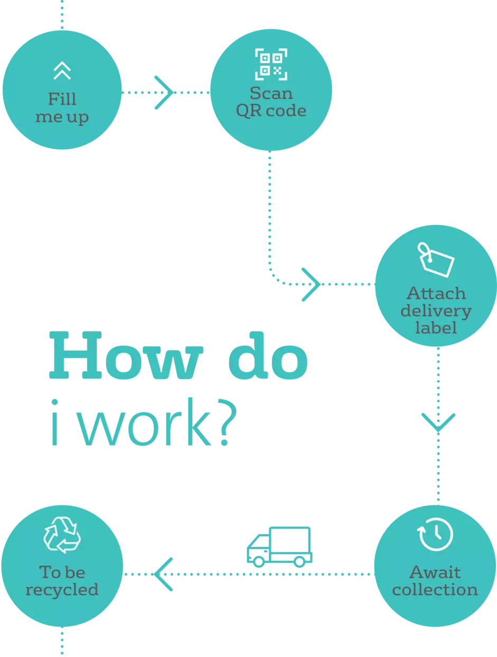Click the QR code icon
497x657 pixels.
coord(271,65)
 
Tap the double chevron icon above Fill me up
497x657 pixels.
coord(62,71)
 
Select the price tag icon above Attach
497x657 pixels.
coord(436,260)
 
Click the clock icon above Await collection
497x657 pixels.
coord(435,534)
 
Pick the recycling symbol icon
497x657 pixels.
coord(62,535)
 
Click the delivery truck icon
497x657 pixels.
coord(280,547)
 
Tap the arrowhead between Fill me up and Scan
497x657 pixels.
coord(164,93)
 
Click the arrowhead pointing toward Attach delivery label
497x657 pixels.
coord(311,285)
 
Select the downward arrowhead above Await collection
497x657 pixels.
coord(438,422)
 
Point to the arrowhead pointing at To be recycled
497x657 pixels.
coord(163,574)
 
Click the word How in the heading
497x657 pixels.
coord(126,355)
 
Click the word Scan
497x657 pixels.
coord(271,93)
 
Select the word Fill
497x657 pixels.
coord(62,99)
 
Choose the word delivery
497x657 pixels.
coord(436,311)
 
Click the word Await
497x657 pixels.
coord(435,572)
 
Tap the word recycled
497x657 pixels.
coord(62,590)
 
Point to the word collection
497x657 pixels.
coord(435,589)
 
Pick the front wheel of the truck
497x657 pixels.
coord(259,562)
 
